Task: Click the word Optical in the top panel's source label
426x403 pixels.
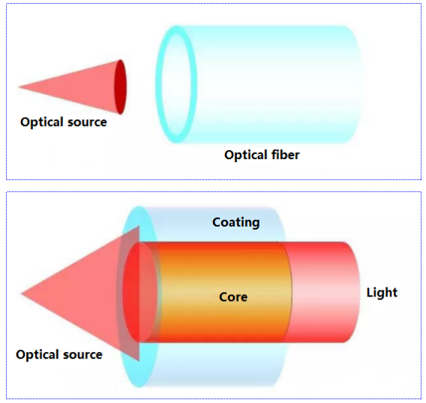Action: (42, 122)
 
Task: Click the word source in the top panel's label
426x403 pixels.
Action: (87, 122)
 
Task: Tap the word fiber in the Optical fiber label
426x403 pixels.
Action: (285, 155)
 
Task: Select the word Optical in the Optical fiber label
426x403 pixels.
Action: (246, 155)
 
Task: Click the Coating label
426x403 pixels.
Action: (235, 223)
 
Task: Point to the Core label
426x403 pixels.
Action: (233, 297)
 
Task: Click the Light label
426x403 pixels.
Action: (382, 293)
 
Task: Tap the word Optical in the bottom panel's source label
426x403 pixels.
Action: (37, 355)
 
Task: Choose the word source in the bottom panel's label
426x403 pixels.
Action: (82, 355)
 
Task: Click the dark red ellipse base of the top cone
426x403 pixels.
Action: (120, 87)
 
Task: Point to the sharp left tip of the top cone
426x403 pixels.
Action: (19, 87)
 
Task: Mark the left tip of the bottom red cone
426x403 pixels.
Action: (21, 293)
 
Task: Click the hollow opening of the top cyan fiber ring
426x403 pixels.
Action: (176, 84)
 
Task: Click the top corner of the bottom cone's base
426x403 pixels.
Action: (139, 226)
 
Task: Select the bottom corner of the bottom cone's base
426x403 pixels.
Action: (139, 361)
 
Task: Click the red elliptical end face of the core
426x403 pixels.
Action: (139, 293)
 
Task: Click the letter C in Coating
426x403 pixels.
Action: (216, 222)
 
